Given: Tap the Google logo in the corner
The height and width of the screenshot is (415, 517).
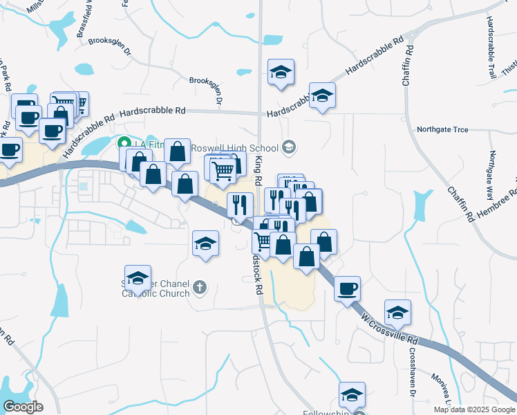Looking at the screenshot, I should [23, 407].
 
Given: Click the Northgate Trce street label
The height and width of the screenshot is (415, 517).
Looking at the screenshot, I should [443, 129].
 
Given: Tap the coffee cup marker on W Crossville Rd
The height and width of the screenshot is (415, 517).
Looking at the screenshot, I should [348, 288].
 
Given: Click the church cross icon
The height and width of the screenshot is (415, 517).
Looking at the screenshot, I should [200, 286].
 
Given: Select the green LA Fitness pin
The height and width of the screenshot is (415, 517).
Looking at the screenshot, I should [124, 144].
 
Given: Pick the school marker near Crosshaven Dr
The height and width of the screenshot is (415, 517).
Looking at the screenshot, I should [397, 313].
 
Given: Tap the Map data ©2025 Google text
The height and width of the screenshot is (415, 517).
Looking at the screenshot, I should [473, 409].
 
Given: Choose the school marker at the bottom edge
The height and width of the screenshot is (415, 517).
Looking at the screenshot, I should [352, 395].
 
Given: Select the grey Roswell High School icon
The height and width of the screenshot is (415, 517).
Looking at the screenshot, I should [289, 147].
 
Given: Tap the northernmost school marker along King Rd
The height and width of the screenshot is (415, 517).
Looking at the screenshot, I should [281, 72].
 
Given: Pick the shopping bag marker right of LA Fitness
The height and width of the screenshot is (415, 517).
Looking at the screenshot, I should [178, 151].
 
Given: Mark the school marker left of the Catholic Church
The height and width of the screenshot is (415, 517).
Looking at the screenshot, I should [138, 278].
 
